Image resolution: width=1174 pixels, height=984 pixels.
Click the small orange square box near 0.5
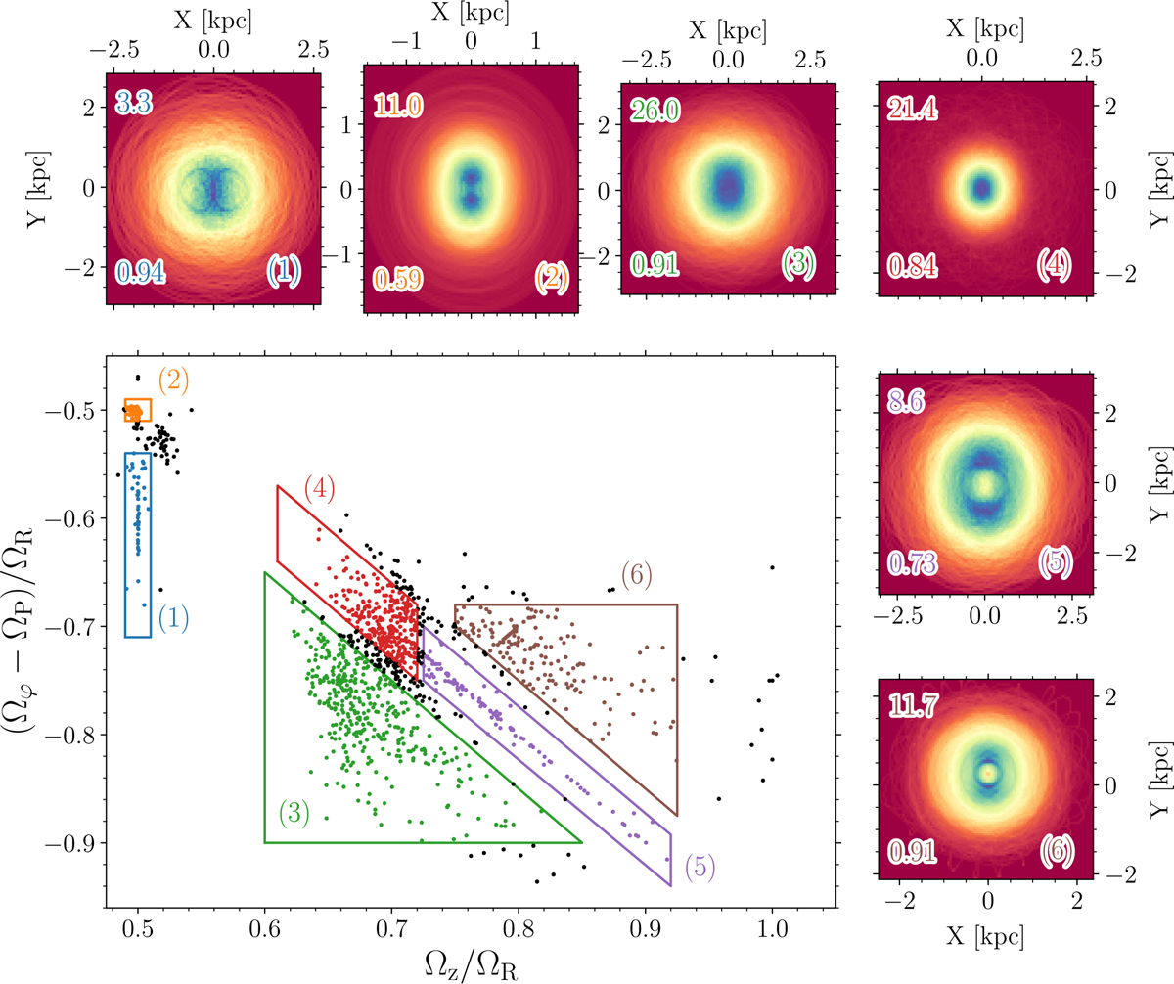click(x=138, y=410)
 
